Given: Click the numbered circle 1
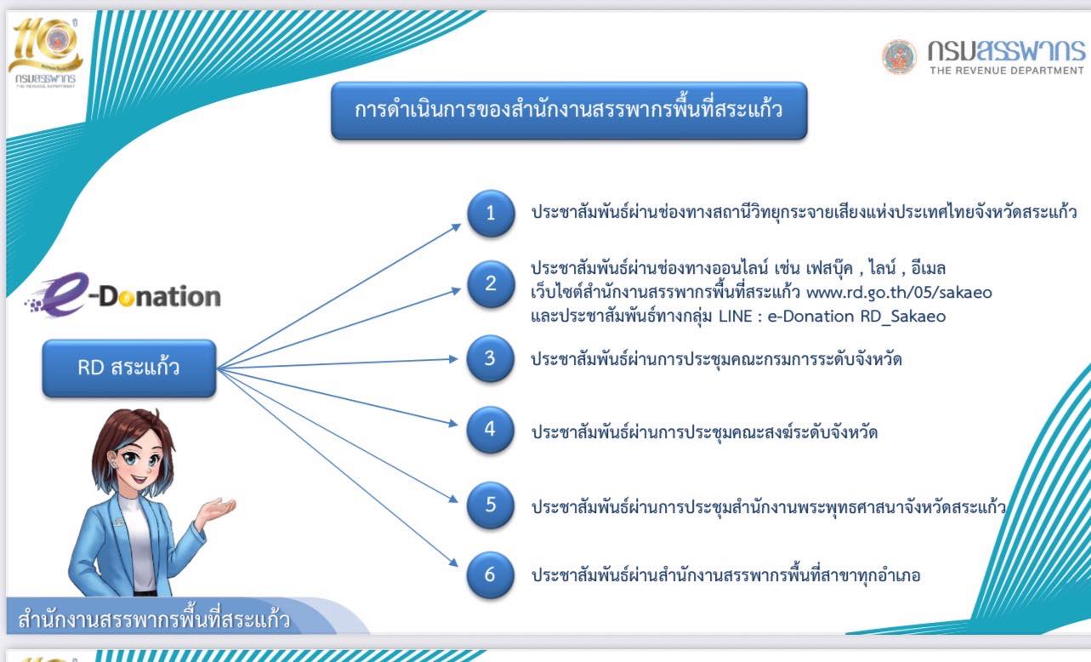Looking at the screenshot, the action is point(491,213).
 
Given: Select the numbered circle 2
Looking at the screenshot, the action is point(491,283).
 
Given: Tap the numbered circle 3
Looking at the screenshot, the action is point(490,358).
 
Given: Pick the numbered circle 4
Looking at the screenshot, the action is point(490,430).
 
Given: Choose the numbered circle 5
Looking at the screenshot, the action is point(490,505).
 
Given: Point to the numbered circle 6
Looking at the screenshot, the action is point(490,575).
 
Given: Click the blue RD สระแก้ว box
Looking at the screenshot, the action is point(129,368).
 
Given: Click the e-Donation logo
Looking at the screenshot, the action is point(122,294).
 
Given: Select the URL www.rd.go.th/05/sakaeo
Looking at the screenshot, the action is point(899,293).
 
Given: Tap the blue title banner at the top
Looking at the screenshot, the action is point(569,111).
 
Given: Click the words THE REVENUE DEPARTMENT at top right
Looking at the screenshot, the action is point(1007,71).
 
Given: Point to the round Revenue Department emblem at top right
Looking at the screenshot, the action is point(899,56).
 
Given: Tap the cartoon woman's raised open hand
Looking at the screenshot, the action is point(219,510).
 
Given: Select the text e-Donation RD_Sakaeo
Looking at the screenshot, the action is point(856,317).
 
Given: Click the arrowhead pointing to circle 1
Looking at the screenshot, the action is point(456,226).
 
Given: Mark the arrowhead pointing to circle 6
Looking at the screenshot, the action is point(454,562).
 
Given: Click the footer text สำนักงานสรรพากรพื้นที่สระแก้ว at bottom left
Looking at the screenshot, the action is point(154,619).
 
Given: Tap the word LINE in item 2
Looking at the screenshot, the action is point(736,317).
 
